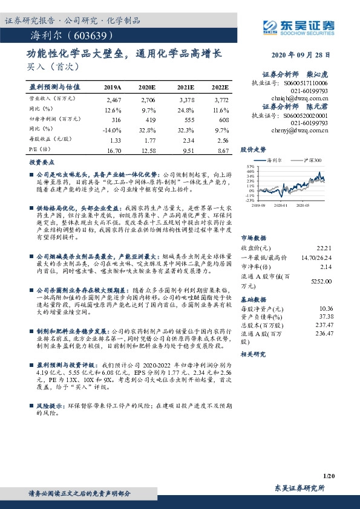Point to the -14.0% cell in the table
point(113,129)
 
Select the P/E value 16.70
point(113,149)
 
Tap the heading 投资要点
point(39,163)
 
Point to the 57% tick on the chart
point(250,165)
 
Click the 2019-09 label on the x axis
point(260,206)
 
